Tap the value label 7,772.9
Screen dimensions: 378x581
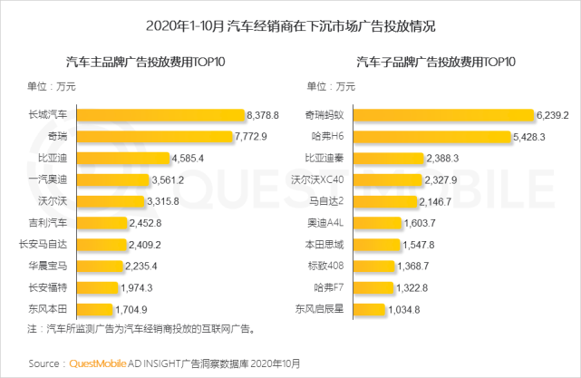click(x=251, y=136)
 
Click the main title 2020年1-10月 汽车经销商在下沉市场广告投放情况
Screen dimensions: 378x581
click(x=290, y=22)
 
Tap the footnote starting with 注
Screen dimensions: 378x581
click(x=140, y=328)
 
